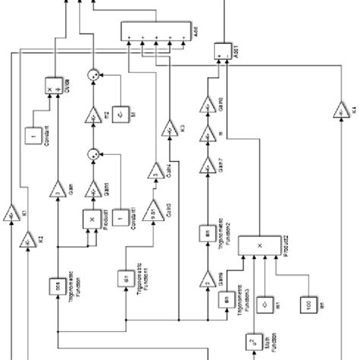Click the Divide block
pyautogui.click(x=54, y=84)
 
